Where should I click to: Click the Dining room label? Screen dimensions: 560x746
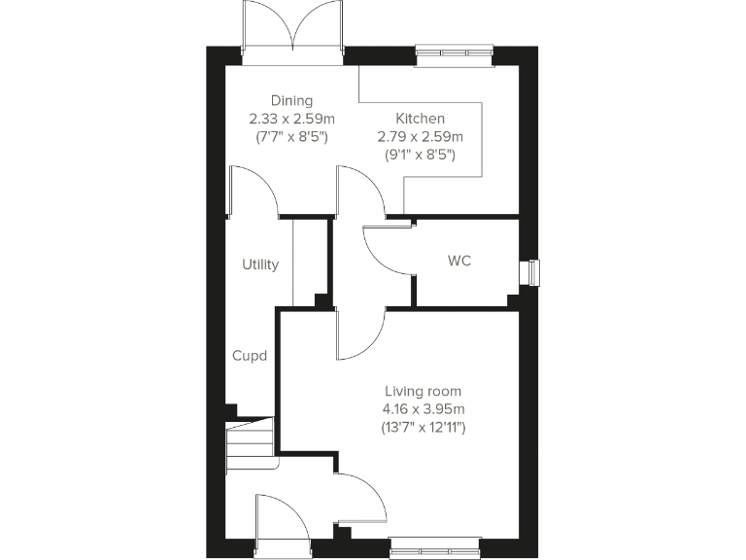coord(291,100)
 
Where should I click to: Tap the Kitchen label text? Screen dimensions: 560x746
coord(420,118)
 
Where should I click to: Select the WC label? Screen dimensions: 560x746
coord(459,262)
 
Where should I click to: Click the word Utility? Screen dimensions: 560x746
coord(260,264)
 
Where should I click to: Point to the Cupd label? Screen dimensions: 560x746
coord(250,356)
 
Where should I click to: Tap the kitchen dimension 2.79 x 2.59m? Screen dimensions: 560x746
coord(420,136)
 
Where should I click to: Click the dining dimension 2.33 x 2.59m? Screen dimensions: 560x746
coord(291,119)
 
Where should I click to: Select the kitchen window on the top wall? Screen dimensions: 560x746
coord(455,55)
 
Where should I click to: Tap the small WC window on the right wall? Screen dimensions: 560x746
coord(530,273)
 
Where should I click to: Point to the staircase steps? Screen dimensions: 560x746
coord(251,442)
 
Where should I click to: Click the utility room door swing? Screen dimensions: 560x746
coord(254,191)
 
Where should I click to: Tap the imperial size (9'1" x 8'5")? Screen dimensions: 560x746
coord(420,155)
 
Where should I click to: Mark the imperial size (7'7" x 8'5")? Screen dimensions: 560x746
coord(291,137)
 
